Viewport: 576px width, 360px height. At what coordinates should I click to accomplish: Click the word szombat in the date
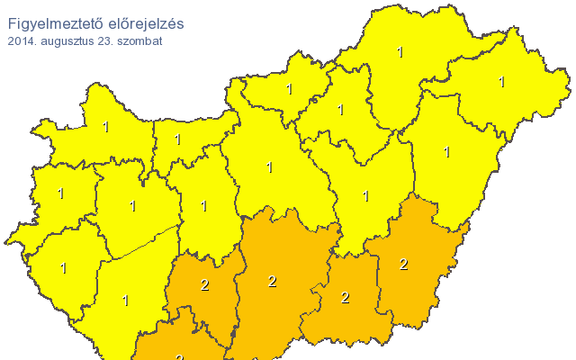coord(139,40)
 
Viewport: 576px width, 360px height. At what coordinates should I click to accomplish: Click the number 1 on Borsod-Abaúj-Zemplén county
coord(400,52)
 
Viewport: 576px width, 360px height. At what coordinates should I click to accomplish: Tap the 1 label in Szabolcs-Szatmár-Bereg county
coord(502,82)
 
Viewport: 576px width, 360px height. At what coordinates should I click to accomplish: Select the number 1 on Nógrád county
coord(290,88)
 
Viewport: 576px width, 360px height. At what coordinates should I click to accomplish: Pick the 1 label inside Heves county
coord(340,110)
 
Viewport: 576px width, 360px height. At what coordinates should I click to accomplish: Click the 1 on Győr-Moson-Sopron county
coord(106,128)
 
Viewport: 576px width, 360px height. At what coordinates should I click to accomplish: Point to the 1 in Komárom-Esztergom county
coord(178,139)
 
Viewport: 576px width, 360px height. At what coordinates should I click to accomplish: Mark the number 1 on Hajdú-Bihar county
coord(447,152)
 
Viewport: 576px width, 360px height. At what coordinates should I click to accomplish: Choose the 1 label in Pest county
coord(270,166)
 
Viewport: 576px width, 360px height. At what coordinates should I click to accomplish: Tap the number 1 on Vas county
coord(61,193)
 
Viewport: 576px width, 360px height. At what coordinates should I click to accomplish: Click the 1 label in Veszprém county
coord(133,206)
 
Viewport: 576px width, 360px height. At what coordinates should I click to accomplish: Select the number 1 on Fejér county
coord(204,206)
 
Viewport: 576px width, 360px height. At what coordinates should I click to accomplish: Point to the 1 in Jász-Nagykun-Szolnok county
coord(365,195)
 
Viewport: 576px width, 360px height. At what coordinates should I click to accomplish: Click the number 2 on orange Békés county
coord(403,264)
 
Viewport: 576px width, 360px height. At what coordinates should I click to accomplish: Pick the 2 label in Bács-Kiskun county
coord(272,282)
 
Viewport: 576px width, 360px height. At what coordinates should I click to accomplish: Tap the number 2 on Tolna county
coord(205,285)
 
